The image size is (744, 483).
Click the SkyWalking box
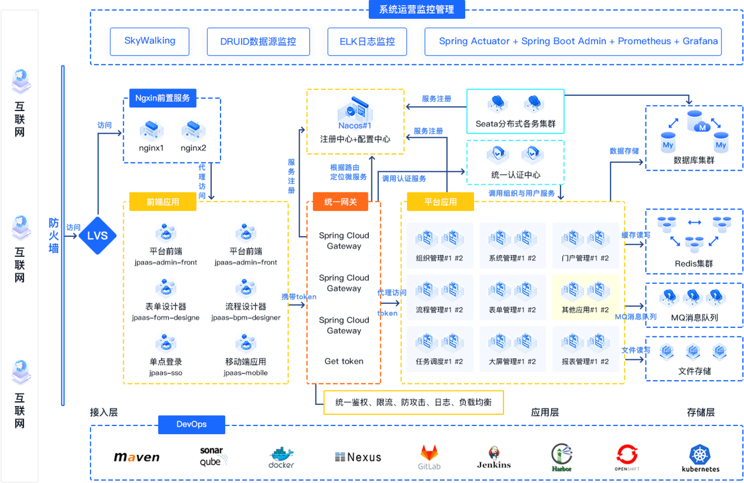tap(149, 41)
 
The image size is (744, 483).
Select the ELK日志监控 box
tap(367, 41)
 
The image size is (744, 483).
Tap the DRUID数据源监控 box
tap(258, 41)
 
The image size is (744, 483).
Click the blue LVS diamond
tap(97, 236)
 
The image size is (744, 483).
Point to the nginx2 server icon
tap(193, 130)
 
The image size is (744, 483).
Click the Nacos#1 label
tap(355, 126)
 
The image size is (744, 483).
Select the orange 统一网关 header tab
tap(341, 202)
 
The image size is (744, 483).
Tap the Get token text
tap(344, 361)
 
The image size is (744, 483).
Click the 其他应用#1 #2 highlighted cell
tap(585, 297)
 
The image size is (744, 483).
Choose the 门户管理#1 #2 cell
tap(585, 245)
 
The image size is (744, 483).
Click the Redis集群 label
tap(694, 264)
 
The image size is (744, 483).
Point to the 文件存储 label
tap(694, 371)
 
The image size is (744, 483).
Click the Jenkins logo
tap(494, 457)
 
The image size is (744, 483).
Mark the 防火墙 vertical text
tap(54, 236)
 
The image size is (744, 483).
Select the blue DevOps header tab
tap(191, 424)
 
